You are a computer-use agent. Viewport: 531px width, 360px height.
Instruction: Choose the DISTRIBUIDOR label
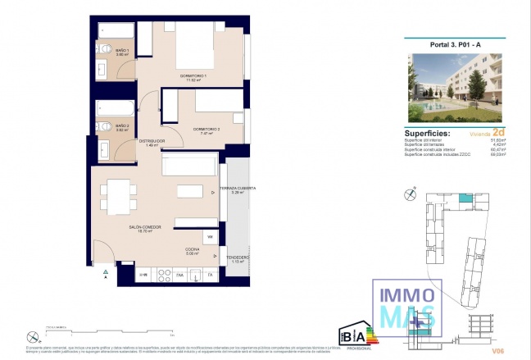[151, 141]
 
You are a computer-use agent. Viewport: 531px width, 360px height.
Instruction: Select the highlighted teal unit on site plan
[464, 198]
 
